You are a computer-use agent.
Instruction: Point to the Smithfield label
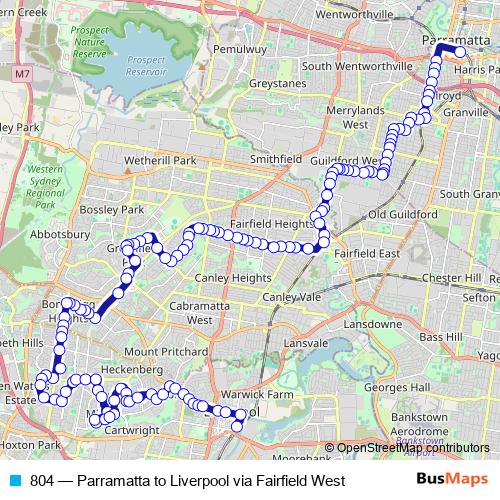coord(275,159)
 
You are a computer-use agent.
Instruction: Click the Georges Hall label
coord(397,386)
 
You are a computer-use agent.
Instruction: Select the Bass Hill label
coord(441,338)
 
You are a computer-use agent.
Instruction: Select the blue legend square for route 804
coord(14,481)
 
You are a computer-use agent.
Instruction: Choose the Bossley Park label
coord(119,210)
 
